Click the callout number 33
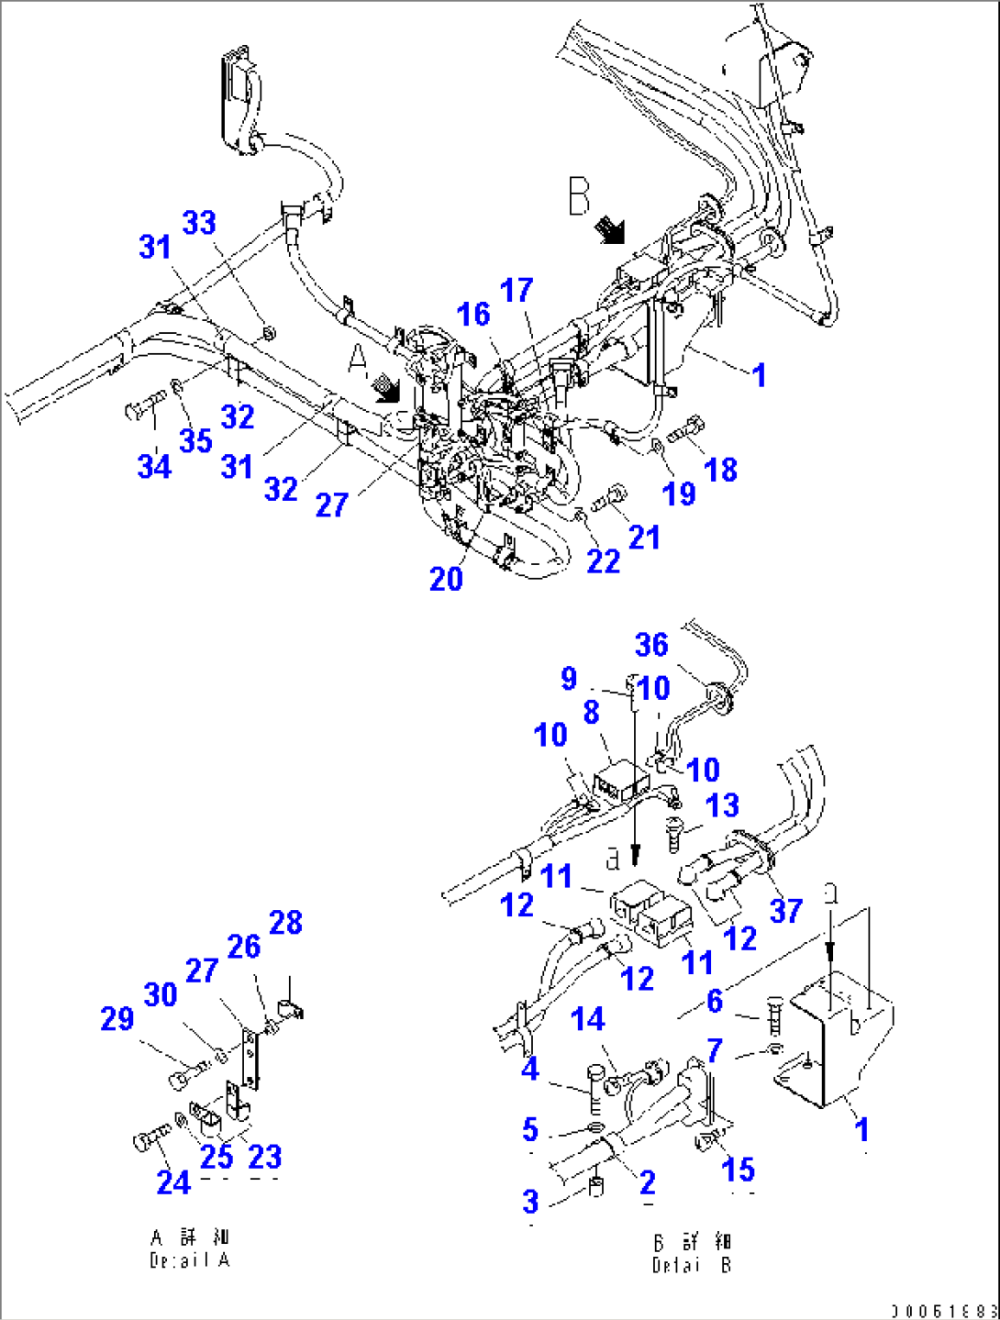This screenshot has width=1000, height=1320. pyautogui.click(x=199, y=223)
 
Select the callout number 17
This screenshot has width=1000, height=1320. pyautogui.click(x=517, y=291)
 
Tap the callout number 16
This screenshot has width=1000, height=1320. pyautogui.click(x=473, y=315)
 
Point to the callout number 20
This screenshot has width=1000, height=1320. pyautogui.click(x=446, y=579)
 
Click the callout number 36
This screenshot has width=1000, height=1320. pyautogui.click(x=651, y=645)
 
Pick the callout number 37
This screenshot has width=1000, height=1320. pyautogui.click(x=786, y=910)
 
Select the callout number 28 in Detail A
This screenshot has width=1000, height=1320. pyautogui.click(x=285, y=923)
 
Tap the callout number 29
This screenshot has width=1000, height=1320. pyautogui.click(x=117, y=1018)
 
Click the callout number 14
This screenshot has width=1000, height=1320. pyautogui.click(x=587, y=1019)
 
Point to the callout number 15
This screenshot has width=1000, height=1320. pyautogui.click(x=738, y=1170)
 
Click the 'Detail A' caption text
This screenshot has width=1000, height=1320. pyautogui.click(x=190, y=1250)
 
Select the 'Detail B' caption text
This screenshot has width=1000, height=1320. pyautogui.click(x=692, y=1254)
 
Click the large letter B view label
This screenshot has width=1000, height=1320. pyautogui.click(x=579, y=196)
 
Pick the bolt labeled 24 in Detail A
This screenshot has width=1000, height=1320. pyautogui.click(x=150, y=1139)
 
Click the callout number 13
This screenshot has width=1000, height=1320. pyautogui.click(x=722, y=805)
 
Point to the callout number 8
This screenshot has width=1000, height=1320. pyautogui.click(x=591, y=712)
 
